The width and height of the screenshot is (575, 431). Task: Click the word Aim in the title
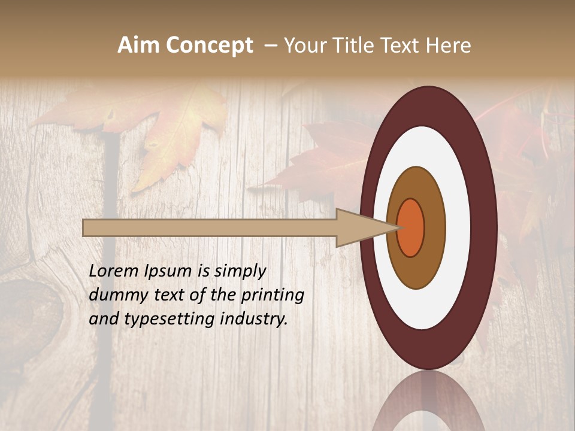click(139, 45)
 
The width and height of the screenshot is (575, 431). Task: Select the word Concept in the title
click(209, 45)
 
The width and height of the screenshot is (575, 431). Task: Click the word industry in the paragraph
click(254, 319)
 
